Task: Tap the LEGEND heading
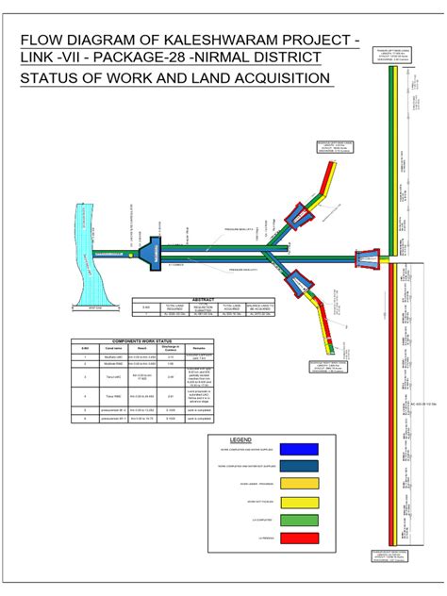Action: [x=241, y=440]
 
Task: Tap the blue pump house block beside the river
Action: [x=149, y=252]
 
